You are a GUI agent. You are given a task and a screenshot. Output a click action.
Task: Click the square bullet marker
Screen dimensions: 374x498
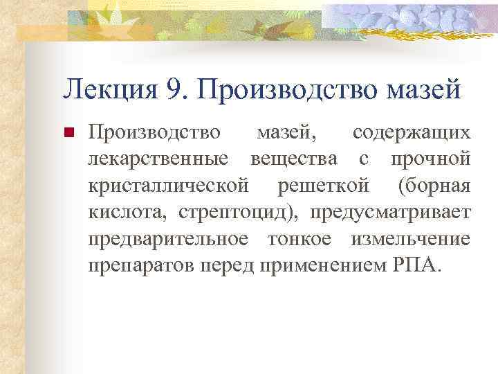click(67, 133)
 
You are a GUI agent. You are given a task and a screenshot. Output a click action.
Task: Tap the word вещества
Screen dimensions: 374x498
click(295, 159)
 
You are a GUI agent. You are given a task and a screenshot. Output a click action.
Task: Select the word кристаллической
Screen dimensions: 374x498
click(168, 186)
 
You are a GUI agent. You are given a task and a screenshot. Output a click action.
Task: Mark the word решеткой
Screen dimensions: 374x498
click(325, 186)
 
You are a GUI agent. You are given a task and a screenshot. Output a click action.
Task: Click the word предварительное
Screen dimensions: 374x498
click(168, 240)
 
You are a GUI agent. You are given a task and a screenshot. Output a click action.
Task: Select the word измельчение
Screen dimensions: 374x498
click(411, 240)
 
